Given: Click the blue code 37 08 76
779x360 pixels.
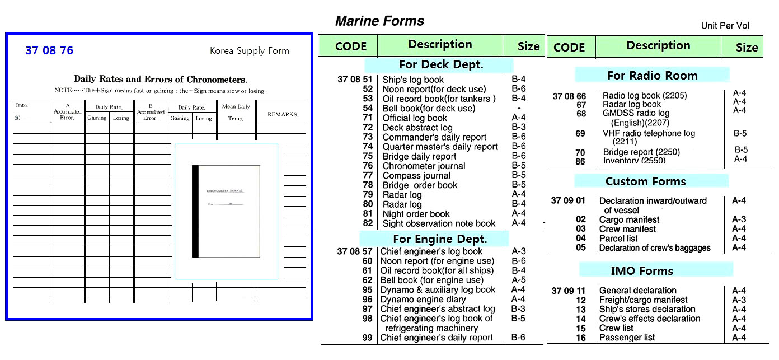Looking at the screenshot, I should (49, 50).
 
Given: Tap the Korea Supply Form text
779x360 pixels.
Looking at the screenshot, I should (249, 50).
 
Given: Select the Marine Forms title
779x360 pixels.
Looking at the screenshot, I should (379, 21).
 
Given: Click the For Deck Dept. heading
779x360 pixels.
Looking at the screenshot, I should (441, 64).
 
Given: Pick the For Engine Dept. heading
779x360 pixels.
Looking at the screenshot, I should (440, 239).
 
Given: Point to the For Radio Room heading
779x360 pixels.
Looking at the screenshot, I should (652, 75).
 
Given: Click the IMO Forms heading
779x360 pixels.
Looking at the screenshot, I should (641, 271).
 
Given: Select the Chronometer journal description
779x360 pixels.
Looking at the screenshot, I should (424, 166).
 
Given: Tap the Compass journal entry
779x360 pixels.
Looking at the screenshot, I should (416, 175).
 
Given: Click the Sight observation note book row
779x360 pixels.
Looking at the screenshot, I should (439, 223).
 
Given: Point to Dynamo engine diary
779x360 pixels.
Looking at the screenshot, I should (423, 300).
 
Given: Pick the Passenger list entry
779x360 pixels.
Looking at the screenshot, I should (627, 338).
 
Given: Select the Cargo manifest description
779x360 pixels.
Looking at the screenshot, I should (629, 219).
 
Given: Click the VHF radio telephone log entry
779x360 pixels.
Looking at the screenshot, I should (649, 133).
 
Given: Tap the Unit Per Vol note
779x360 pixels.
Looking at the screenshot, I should (725, 26).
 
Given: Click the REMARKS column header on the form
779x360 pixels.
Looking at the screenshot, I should (283, 114).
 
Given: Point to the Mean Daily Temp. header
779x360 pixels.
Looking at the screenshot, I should (236, 112).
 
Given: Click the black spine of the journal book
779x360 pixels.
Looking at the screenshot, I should (195, 211).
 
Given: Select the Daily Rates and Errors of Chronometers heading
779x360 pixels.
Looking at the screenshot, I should (160, 80).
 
